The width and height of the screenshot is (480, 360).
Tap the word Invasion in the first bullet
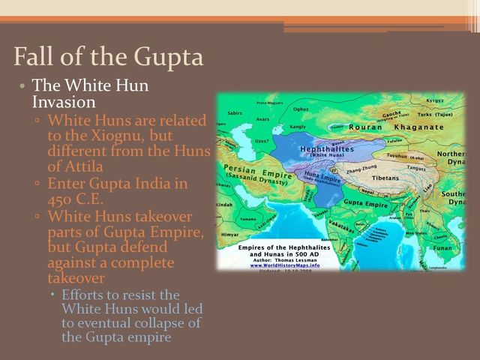pos(64,101)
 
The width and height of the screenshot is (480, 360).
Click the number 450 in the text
pos(61,199)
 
